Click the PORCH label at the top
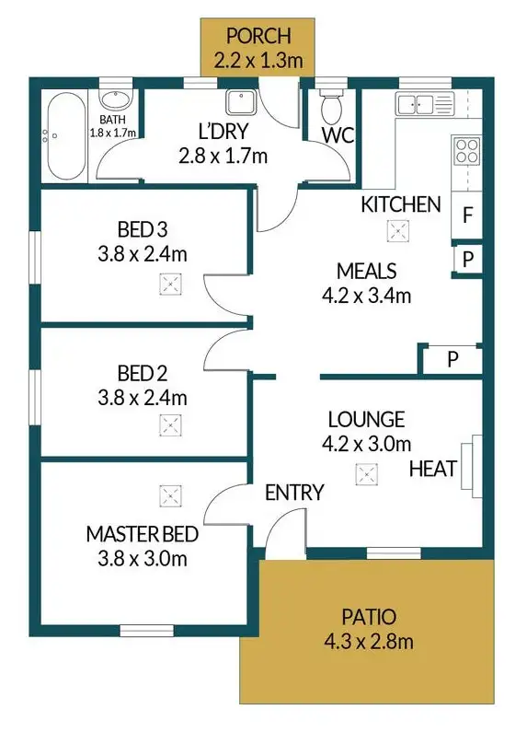258,37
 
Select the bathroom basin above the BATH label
114,101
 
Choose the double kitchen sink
422,103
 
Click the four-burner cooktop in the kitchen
466,149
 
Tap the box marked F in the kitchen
467,217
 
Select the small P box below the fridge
467,261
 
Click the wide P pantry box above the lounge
452,359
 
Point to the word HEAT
433,469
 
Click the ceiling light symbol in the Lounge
367,475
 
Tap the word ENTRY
293,494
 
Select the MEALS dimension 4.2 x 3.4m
366,296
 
